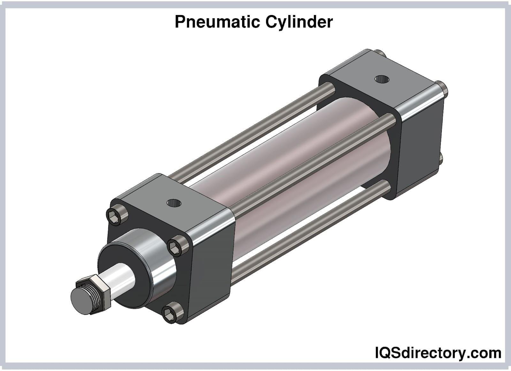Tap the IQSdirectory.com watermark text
438,353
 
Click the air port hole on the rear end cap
380,79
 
